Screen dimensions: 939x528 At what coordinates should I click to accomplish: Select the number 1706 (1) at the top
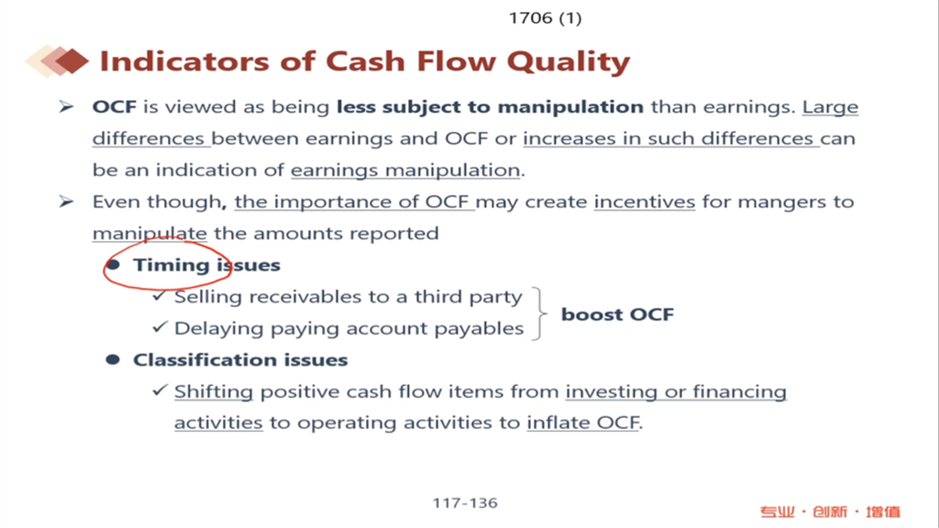click(545, 18)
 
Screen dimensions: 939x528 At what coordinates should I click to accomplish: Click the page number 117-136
click(465, 503)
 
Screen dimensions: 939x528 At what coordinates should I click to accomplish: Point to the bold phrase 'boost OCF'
click(617, 314)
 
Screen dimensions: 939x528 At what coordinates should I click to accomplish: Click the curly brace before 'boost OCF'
click(540, 313)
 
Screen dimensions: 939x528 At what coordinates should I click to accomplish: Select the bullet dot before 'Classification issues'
click(113, 359)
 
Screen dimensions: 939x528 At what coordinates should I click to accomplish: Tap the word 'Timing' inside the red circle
click(171, 265)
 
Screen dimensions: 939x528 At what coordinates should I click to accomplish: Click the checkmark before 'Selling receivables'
click(160, 295)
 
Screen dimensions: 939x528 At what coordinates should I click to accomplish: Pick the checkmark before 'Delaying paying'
click(160, 327)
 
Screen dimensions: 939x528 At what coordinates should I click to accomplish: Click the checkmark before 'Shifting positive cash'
click(160, 390)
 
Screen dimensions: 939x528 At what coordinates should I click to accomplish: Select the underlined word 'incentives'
click(645, 202)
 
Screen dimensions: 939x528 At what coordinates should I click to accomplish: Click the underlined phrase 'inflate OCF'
click(582, 423)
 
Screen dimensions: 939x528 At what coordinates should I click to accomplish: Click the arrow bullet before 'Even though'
click(66, 201)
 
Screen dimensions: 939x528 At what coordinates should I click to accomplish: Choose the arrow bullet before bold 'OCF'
click(66, 106)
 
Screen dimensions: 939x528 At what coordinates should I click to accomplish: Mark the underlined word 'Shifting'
click(214, 392)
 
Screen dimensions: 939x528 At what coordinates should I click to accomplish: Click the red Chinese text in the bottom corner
click(830, 511)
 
